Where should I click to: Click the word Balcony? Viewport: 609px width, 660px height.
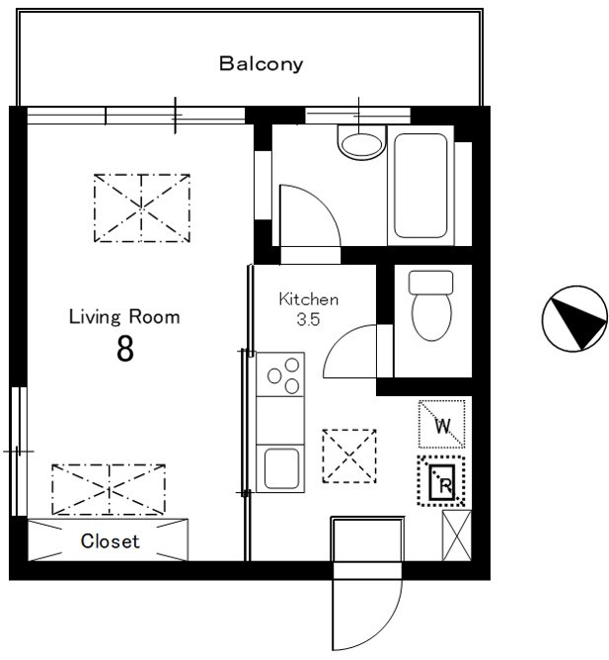(x=261, y=64)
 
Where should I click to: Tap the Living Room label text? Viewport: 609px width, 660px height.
(x=124, y=317)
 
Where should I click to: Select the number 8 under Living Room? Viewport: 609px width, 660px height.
(x=125, y=349)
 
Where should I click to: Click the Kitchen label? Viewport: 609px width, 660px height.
(x=309, y=299)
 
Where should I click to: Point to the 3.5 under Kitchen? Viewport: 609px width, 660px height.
(x=308, y=319)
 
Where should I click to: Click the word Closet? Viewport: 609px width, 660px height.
(x=110, y=541)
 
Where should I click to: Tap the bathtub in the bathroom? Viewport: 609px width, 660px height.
(x=420, y=186)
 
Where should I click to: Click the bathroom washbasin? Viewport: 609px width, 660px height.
(x=361, y=142)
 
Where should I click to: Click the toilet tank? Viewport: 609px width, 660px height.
(x=431, y=282)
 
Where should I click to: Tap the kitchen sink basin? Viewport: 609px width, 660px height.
(x=281, y=468)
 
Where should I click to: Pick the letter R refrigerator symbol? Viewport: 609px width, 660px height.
(x=441, y=481)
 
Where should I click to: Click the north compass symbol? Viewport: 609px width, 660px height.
(x=574, y=318)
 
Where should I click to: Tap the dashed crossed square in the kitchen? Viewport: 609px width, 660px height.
(x=349, y=455)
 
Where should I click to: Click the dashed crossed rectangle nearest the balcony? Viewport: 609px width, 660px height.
(x=142, y=207)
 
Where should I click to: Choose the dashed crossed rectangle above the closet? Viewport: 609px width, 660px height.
(x=109, y=489)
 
